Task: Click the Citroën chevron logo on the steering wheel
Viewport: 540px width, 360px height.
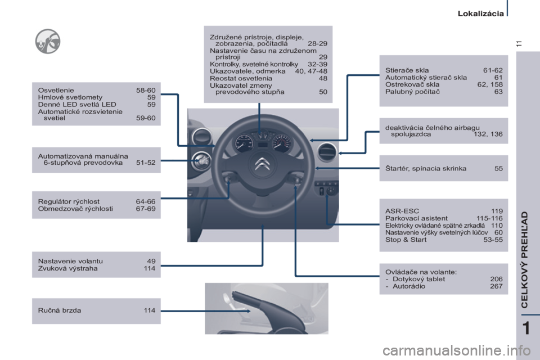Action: [262, 164]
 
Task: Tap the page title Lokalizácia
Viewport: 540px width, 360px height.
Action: [480, 13]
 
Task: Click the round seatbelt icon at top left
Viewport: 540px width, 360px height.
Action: [47, 41]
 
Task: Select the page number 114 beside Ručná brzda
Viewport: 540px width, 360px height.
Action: [150, 310]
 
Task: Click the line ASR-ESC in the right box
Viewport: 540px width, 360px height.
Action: [402, 211]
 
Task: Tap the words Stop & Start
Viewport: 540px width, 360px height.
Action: [406, 240]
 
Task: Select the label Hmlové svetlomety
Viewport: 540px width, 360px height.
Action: [70, 97]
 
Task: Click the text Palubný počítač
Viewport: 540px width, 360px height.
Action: [412, 92]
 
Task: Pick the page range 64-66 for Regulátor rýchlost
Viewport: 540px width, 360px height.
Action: [146, 201]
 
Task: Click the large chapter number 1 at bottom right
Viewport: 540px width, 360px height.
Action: [526, 328]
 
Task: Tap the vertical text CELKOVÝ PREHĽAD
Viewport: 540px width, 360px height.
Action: [524, 259]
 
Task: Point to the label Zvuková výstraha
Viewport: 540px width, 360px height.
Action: [68, 268]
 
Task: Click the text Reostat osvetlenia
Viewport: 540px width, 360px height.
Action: [241, 78]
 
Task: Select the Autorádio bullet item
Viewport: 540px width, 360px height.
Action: [406, 286]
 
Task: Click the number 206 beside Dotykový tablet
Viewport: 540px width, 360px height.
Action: [496, 279]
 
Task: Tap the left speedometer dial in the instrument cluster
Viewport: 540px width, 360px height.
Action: [245, 143]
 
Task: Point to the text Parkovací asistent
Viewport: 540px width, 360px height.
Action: [416, 218]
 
